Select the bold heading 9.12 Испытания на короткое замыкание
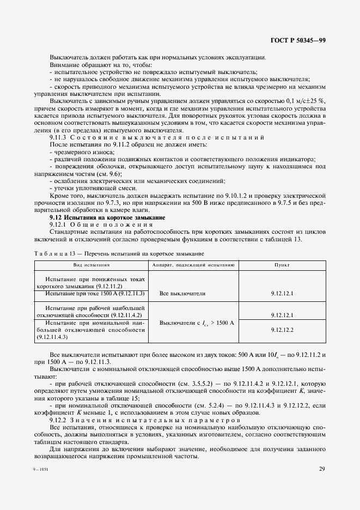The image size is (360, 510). [x=100, y=217]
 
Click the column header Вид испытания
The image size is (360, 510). [x=92, y=265]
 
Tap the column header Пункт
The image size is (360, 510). [x=282, y=265]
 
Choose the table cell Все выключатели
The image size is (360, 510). [x=182, y=293]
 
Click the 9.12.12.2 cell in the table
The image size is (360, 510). [x=282, y=330]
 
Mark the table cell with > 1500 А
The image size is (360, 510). [x=196, y=323]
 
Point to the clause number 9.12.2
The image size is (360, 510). [x=58, y=420]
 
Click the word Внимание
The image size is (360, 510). [x=65, y=65]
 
